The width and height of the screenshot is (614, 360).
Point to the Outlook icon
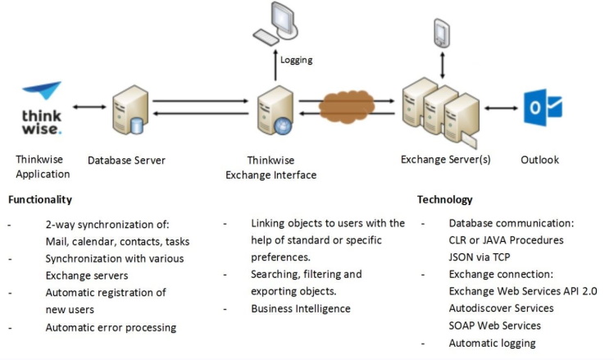(x=542, y=107)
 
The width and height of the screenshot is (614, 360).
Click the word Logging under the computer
(x=296, y=60)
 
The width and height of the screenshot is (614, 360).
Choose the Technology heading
(x=444, y=199)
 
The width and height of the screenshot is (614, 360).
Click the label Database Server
(x=126, y=160)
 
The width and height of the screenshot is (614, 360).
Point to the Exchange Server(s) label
(x=445, y=159)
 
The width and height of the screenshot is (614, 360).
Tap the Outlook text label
(x=539, y=159)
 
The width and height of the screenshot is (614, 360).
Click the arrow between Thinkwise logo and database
(x=89, y=107)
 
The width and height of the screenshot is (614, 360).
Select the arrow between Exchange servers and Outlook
(x=501, y=107)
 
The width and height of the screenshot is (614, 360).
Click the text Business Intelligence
(x=300, y=308)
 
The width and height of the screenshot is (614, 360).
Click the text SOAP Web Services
(x=494, y=326)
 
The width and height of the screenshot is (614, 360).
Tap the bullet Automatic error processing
(x=111, y=327)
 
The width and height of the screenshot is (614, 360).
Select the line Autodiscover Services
(x=501, y=308)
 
